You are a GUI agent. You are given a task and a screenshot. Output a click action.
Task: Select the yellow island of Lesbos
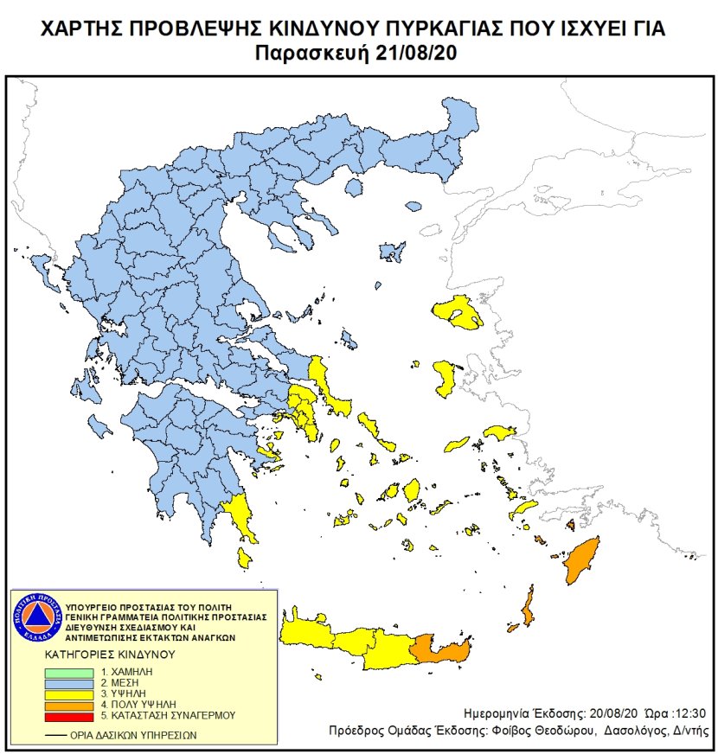pyautogui.click(x=458, y=313)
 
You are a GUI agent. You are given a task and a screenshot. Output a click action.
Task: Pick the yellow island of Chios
pyautogui.click(x=446, y=379)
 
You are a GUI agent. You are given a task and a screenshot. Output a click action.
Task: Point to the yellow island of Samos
pyautogui.click(x=499, y=431)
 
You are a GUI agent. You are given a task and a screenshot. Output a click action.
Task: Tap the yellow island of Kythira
pyautogui.click(x=246, y=559)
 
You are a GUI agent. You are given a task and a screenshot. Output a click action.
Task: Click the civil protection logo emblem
pyautogui.click(x=35, y=618)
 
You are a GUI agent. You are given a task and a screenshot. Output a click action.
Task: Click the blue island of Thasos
pyautogui.click(x=388, y=252)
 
